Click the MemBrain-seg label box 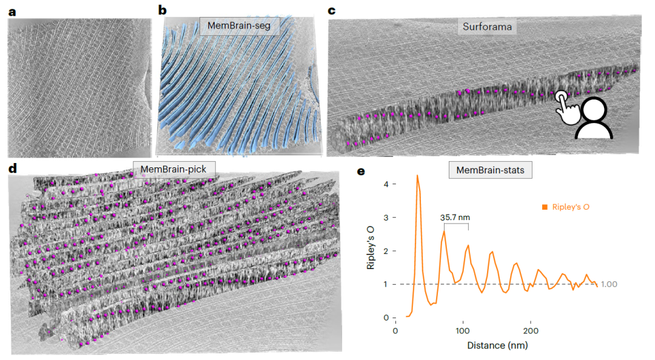click(x=239, y=26)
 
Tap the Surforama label click(x=487, y=27)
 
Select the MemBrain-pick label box click(x=173, y=169)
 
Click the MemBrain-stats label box click(x=491, y=170)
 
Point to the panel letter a click(x=13, y=12)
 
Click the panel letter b click(x=163, y=10)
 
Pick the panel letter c click(x=332, y=10)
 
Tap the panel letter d click(x=13, y=168)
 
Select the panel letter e click(x=361, y=172)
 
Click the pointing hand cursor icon click(x=566, y=107)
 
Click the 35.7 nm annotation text click(x=455, y=218)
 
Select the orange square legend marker click(x=545, y=207)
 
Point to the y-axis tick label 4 click(x=386, y=184)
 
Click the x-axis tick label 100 click(x=463, y=331)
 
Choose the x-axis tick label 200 click(x=531, y=331)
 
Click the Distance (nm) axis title click(x=497, y=345)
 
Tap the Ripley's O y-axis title click(x=371, y=248)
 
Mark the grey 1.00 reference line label click(x=609, y=284)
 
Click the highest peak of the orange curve click(x=417, y=176)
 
